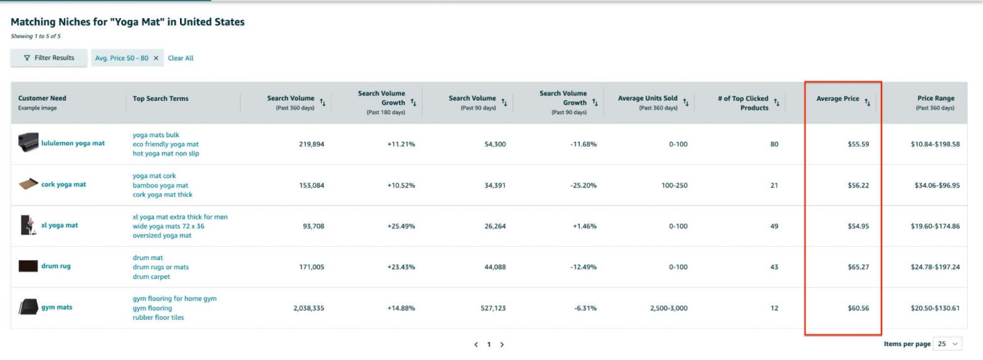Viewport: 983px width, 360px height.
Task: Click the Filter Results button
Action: click(x=49, y=58)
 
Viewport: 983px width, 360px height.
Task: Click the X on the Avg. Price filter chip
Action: click(x=156, y=58)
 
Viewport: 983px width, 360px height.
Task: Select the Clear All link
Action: click(x=181, y=58)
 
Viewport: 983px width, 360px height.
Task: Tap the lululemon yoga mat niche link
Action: click(x=73, y=143)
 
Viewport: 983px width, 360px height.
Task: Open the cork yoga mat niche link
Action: click(x=63, y=184)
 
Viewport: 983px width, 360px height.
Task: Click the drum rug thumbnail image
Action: click(x=28, y=266)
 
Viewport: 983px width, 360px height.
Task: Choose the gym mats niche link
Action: click(x=56, y=307)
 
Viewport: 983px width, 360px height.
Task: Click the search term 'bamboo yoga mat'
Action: click(x=160, y=185)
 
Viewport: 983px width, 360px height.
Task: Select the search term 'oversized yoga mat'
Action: click(x=162, y=235)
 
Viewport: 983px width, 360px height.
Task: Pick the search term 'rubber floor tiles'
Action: click(x=158, y=317)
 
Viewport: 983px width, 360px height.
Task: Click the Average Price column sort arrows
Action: click(x=868, y=102)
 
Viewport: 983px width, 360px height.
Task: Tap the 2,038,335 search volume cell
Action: click(x=308, y=308)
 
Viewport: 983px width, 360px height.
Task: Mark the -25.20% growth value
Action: click(x=584, y=186)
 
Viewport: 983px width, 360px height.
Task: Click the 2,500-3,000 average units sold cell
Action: click(x=668, y=308)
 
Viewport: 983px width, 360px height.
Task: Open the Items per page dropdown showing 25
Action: click(x=947, y=344)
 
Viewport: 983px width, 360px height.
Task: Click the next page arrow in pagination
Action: click(x=502, y=344)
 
